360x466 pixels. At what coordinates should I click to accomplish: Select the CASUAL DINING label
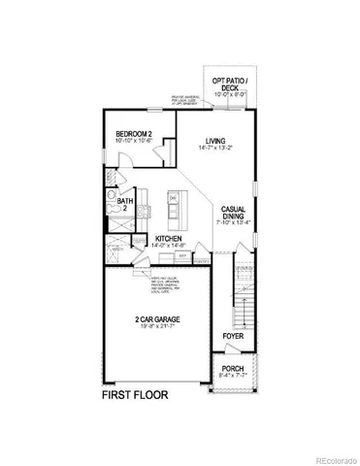[x=233, y=213]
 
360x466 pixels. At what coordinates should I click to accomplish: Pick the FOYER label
[x=232, y=336]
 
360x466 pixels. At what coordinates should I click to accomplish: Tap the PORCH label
[x=233, y=368]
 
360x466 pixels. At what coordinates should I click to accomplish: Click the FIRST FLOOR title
[x=136, y=396]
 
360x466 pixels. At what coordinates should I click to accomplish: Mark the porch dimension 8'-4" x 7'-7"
[x=233, y=376]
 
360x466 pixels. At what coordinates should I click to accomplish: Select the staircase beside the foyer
[x=244, y=291]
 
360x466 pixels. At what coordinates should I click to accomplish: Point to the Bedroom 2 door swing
[x=167, y=150]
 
